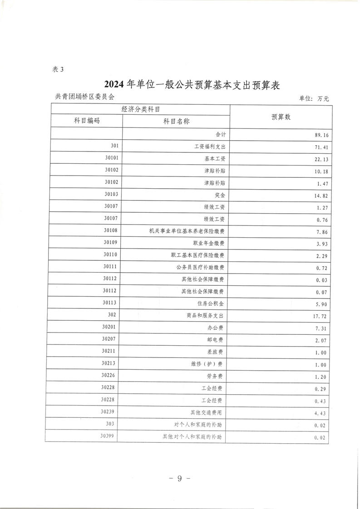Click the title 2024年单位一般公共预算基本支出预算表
tap(191, 85)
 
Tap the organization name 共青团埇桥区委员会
tap(84, 97)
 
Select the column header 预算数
tap(281, 117)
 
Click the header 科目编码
tap(87, 121)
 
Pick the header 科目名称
tap(176, 121)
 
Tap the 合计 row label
tap(221, 135)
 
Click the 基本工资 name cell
tap(215, 159)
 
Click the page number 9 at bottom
tap(179, 479)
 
